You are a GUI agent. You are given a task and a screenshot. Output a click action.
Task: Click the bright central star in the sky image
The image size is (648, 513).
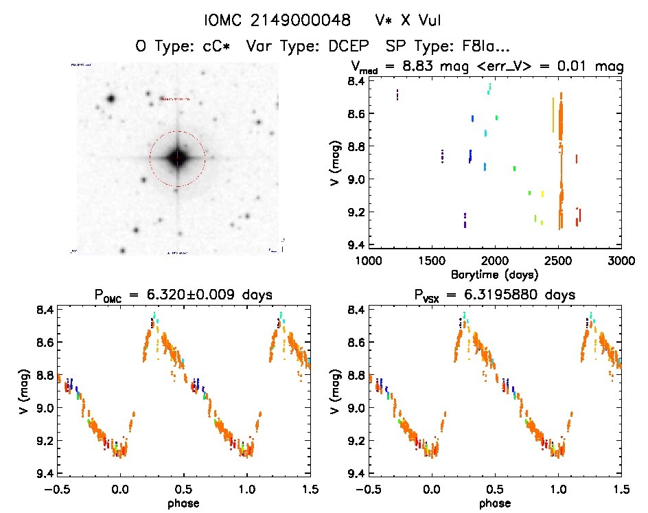177,158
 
